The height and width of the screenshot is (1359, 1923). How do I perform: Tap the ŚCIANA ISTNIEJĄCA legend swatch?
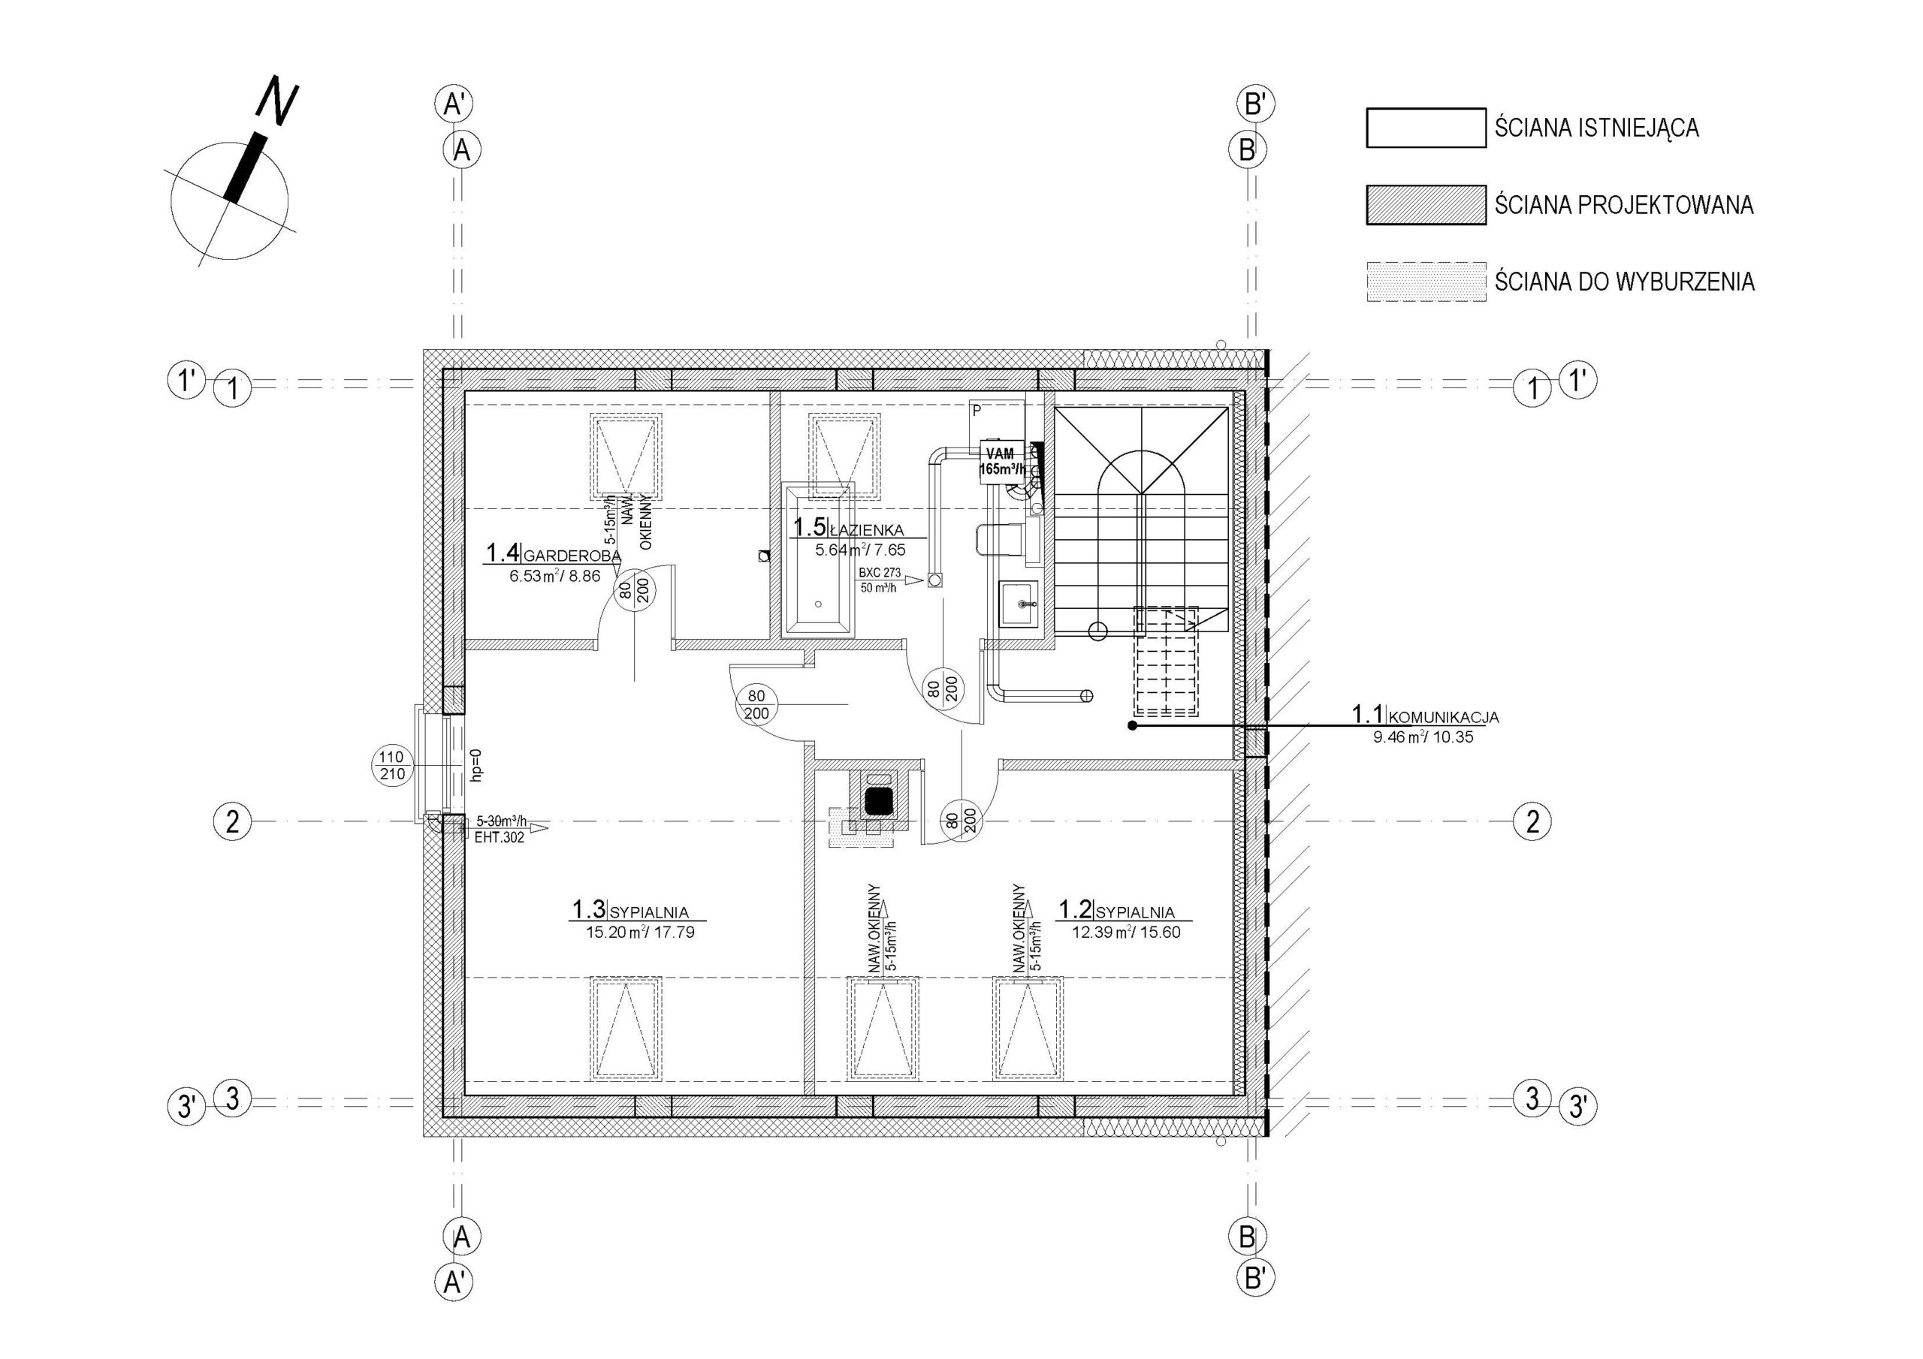pos(1426,128)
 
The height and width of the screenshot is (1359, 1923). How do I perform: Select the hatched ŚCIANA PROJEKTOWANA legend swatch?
pos(1426,205)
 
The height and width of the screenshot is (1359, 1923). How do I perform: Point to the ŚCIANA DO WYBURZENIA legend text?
pos(1625,282)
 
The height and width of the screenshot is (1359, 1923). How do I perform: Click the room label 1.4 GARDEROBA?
pos(554,553)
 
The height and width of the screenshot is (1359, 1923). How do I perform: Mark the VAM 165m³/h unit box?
pos(1002,461)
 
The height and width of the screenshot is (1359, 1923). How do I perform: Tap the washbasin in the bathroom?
pos(1019,603)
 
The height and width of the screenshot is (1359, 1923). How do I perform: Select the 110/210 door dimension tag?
pos(392,765)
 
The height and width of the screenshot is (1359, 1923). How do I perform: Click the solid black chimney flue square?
pos(878,801)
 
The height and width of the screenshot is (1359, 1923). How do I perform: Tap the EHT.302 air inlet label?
pos(500,836)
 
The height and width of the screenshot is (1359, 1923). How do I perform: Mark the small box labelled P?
pos(977,412)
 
